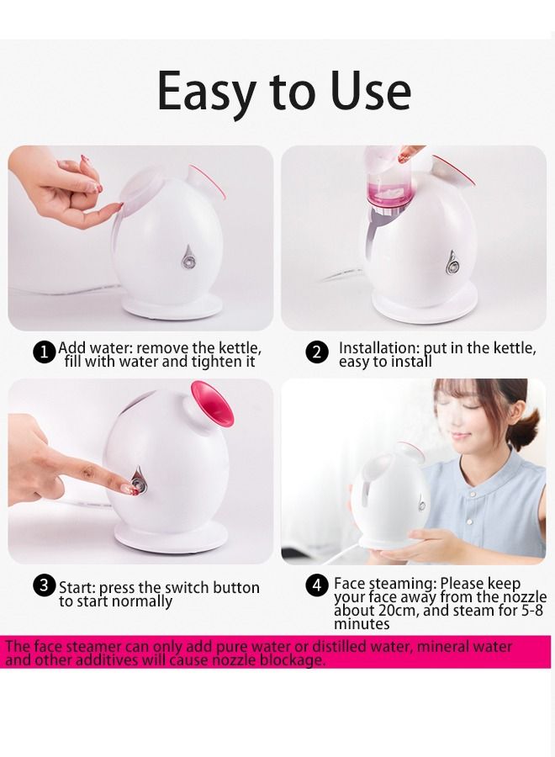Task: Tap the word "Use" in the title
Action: point(371,90)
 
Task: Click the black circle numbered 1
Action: point(45,352)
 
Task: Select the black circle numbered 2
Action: point(316,352)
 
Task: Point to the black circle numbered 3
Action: point(44,585)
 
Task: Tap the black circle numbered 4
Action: point(316,585)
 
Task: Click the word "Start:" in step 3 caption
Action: point(77,588)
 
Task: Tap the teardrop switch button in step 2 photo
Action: point(452,262)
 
